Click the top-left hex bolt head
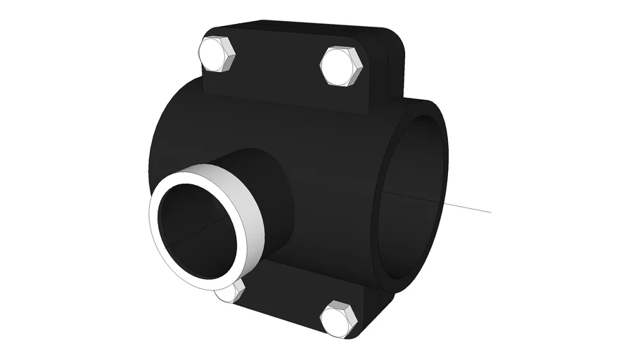click(217, 54)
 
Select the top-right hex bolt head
click(341, 67)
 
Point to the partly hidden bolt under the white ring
click(231, 292)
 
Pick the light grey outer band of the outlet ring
click(246, 204)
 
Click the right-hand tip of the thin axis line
click(490, 211)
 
